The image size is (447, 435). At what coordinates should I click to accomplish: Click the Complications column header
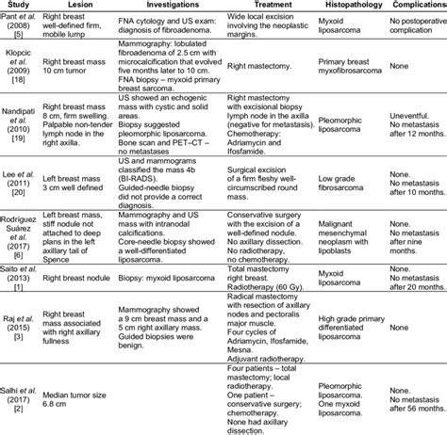click(x=421, y=5)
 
